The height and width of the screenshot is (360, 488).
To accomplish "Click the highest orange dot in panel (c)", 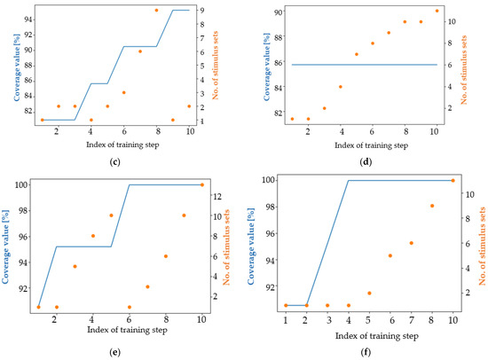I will click(157, 10).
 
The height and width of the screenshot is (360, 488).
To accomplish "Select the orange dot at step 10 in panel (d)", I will click(437, 11).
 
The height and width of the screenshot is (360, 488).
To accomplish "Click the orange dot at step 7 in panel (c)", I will click(140, 51).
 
